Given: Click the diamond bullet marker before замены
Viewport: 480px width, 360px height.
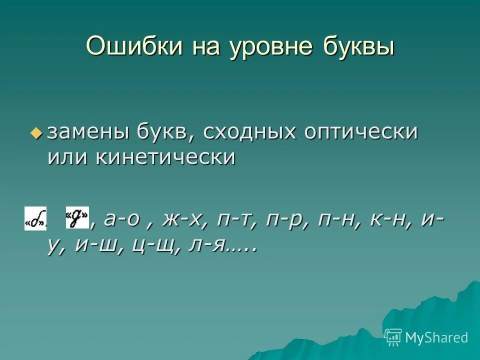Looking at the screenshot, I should (36, 132).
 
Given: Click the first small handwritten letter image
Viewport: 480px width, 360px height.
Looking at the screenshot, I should (35, 218).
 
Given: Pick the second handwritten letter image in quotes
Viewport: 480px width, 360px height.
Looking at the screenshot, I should (77, 218).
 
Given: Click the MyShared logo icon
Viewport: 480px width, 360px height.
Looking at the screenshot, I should (393, 337).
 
